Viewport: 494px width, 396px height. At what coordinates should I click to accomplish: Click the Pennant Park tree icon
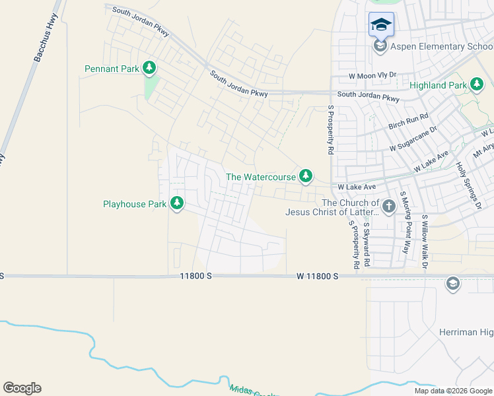click(150, 67)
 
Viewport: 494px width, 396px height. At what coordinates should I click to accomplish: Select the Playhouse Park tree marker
click(176, 203)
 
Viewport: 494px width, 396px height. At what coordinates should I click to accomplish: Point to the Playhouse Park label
click(135, 204)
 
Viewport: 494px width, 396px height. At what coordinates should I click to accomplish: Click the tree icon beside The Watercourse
click(305, 176)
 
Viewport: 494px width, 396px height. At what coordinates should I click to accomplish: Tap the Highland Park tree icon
click(477, 84)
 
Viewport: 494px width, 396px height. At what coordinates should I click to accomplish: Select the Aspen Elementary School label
click(441, 46)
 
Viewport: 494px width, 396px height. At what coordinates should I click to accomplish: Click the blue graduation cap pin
click(381, 25)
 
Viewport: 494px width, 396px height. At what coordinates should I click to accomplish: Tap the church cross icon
click(388, 207)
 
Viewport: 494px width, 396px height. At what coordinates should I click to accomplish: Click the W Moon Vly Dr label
click(372, 76)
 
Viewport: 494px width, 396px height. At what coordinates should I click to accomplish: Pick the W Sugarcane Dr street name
click(413, 139)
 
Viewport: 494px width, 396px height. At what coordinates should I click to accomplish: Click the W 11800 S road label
click(317, 276)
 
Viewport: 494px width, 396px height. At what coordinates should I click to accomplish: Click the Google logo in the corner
click(22, 388)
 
